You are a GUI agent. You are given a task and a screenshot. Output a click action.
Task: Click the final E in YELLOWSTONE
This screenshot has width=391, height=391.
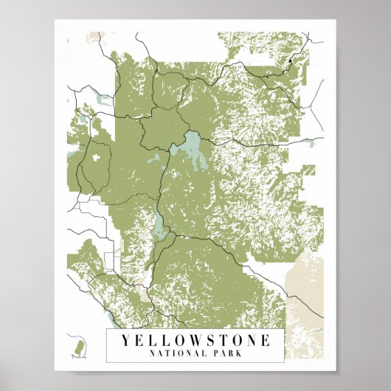[264, 341]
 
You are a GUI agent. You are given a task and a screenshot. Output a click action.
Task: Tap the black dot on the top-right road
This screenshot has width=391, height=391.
[292, 57]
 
